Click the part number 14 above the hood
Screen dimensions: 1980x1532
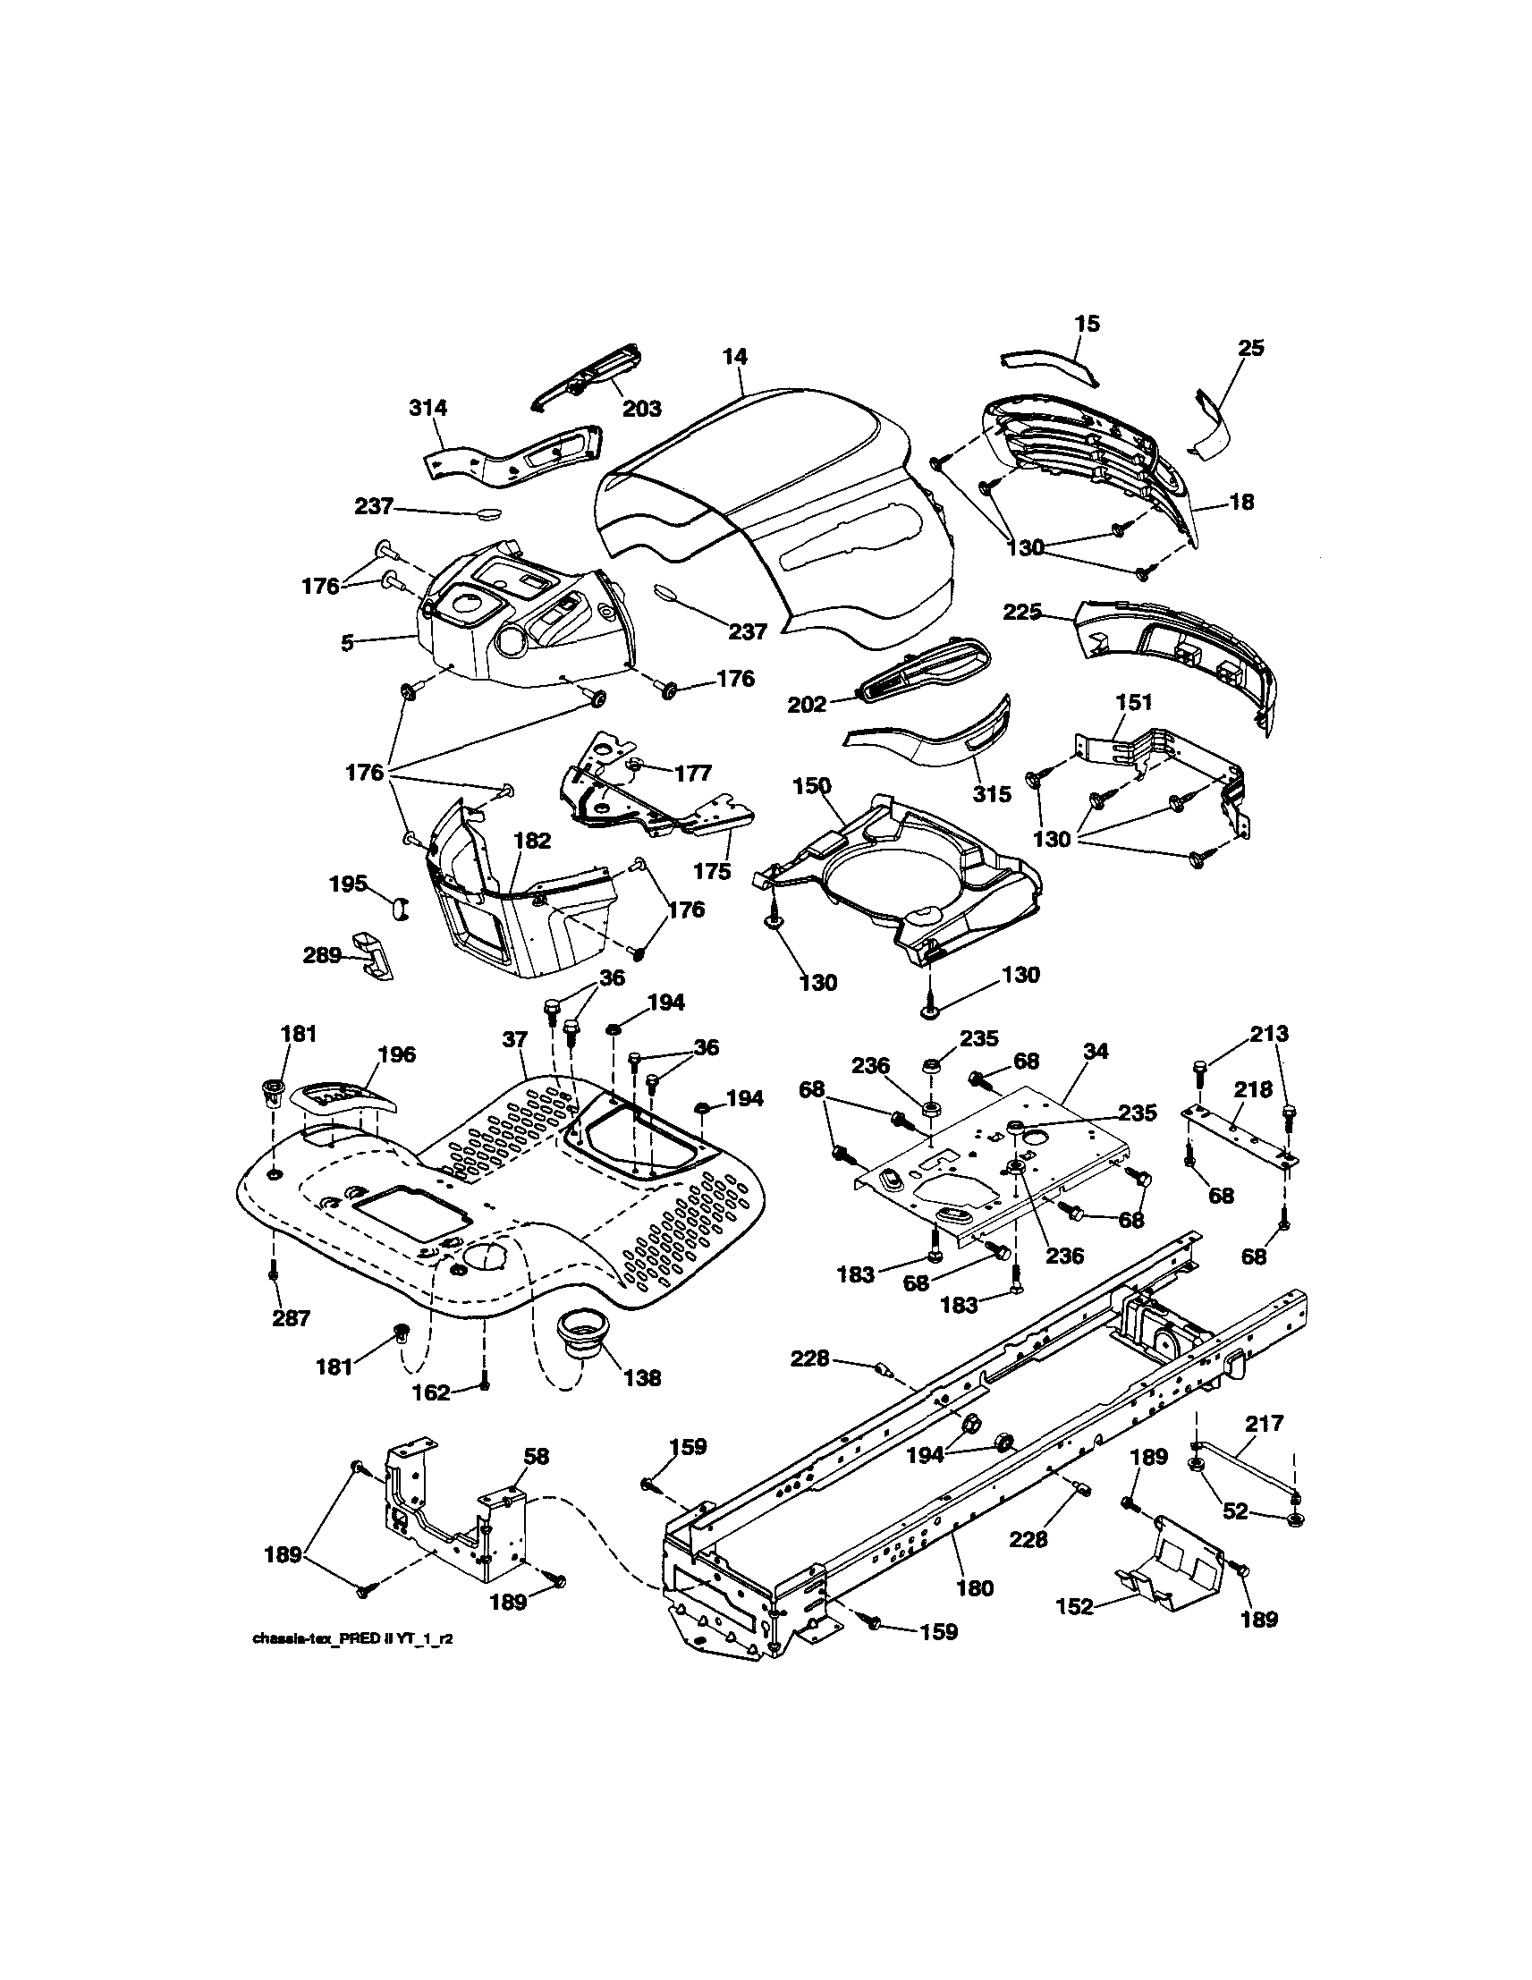[x=735, y=357]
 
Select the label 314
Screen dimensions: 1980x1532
[x=427, y=408]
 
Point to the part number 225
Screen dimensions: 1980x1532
[x=1022, y=613]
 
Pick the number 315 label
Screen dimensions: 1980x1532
[x=992, y=794]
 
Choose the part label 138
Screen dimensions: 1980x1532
[x=642, y=1378]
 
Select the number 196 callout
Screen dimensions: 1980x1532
[x=396, y=1054]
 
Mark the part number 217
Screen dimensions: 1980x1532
[x=1265, y=1425]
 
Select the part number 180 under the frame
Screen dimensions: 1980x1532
[x=975, y=1587]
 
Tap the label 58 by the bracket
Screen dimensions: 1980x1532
[x=537, y=1457]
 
